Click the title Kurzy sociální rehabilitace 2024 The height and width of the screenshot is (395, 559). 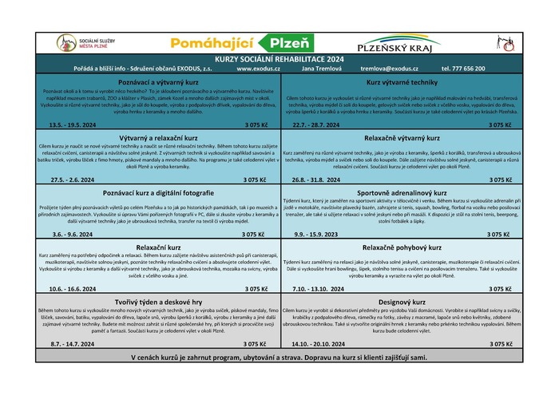[x=278, y=59]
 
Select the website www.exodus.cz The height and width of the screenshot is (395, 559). [x=259, y=69]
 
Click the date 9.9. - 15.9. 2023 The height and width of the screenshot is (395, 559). [x=315, y=235]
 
